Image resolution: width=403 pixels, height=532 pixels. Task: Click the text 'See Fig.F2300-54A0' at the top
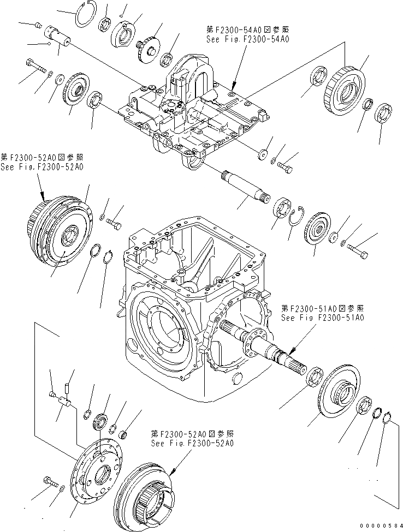[240, 40]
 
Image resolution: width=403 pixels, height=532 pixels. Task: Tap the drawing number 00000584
[378, 524]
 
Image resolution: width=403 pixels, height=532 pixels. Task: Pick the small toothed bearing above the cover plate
[100, 421]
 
